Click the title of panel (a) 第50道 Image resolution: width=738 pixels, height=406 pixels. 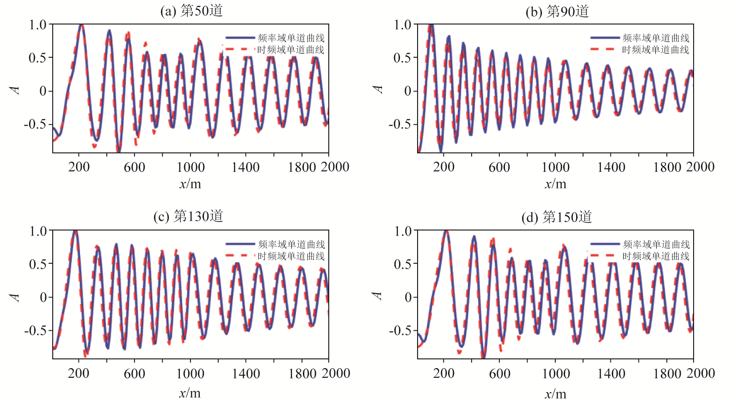191,11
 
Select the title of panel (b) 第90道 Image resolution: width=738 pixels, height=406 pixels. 557,12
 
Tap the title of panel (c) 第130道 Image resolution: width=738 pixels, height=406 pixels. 188,216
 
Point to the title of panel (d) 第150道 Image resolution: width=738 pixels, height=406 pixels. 557,217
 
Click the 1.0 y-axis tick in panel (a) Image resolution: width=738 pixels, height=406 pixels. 38,24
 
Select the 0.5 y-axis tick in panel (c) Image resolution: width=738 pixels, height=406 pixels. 38,264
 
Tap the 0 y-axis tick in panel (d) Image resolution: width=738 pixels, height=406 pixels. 408,297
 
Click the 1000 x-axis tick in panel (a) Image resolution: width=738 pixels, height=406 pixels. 191,167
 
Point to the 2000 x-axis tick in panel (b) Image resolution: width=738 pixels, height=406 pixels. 700,167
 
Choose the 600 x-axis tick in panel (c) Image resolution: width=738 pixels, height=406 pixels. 135,373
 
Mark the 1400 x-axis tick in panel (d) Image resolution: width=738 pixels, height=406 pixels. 611,373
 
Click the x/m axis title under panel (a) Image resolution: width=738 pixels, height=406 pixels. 190,184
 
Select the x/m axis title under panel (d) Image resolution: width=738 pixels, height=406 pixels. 555,394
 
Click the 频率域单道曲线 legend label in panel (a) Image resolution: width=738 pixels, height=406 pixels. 291,38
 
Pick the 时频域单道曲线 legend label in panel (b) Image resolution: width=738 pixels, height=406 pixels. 656,49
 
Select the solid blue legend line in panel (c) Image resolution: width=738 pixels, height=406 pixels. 240,244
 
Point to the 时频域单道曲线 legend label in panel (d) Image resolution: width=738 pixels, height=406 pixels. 656,256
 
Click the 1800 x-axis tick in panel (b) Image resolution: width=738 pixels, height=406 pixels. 667,167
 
